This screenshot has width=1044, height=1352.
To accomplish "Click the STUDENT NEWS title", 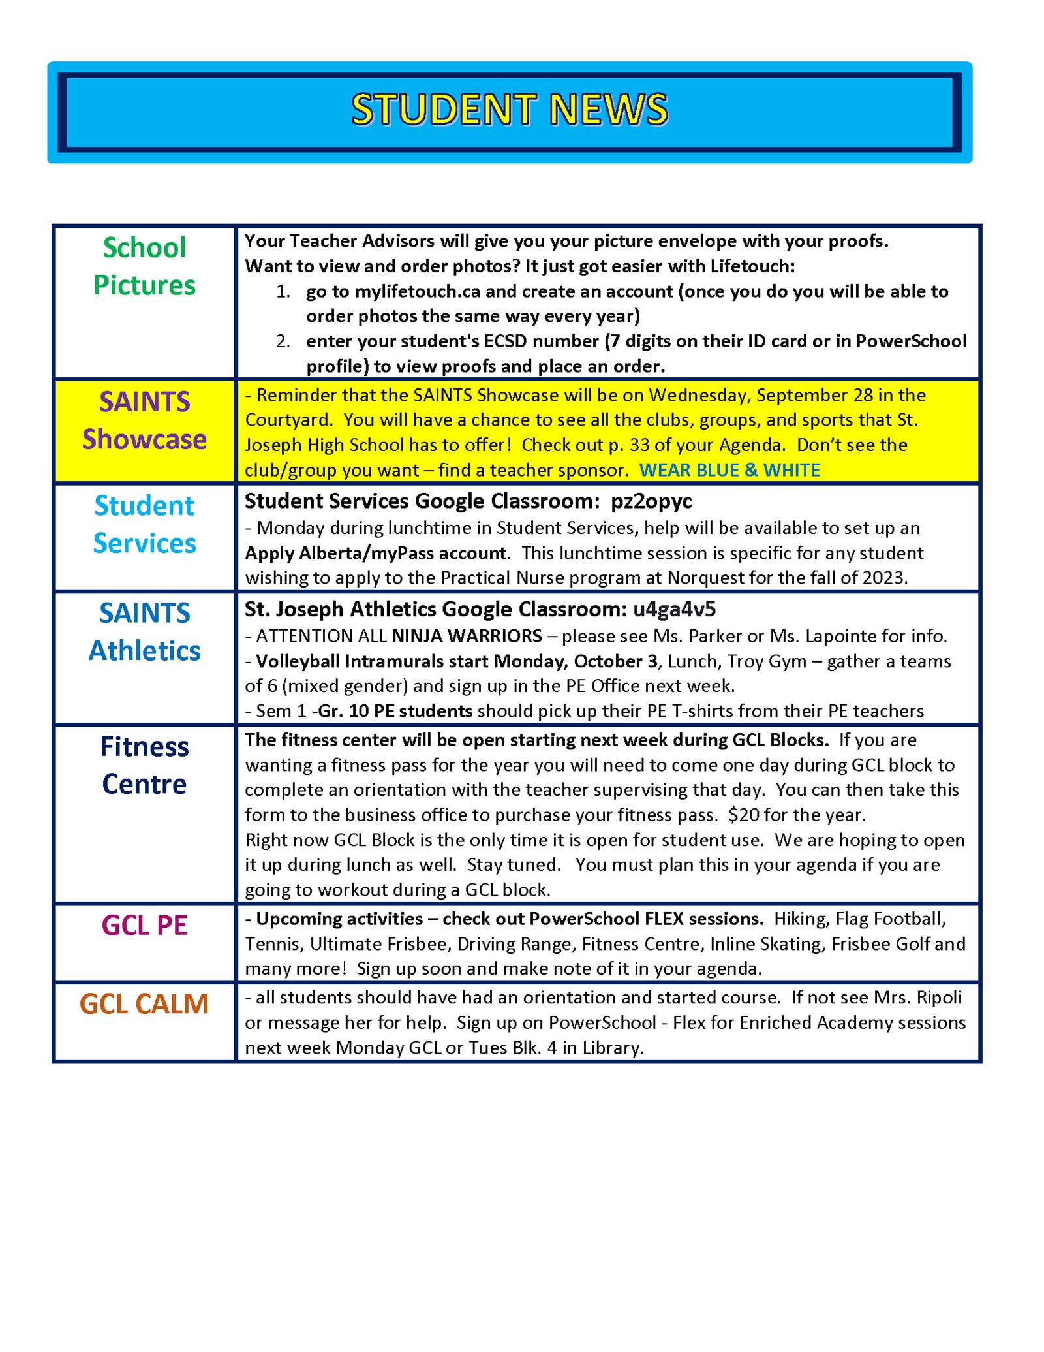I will pyautogui.click(x=510, y=109).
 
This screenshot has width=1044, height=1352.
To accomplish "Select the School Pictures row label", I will pyautogui.click(x=144, y=266).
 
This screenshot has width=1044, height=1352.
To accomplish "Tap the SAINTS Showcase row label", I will pyautogui.click(x=144, y=420).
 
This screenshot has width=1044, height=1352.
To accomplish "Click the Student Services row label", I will pyautogui.click(x=144, y=524).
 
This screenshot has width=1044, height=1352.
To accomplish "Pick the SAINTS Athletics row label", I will pyautogui.click(x=144, y=631).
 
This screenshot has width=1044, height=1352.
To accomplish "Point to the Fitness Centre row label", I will pyautogui.click(x=144, y=765).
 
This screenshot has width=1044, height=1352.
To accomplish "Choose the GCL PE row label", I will pyautogui.click(x=144, y=925).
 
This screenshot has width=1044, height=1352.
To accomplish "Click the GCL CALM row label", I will pyautogui.click(x=144, y=1003).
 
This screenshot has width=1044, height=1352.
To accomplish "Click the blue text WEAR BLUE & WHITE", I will pyautogui.click(x=729, y=470).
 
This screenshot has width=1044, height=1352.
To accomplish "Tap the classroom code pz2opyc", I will pyautogui.click(x=651, y=501).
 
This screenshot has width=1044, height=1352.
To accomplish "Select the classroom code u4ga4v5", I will pyautogui.click(x=674, y=609).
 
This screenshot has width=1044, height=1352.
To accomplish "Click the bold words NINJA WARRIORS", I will pyautogui.click(x=467, y=636).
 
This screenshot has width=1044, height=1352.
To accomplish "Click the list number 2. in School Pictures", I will pyautogui.click(x=283, y=341).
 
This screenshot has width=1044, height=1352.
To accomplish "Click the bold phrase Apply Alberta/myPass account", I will pyautogui.click(x=376, y=553).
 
